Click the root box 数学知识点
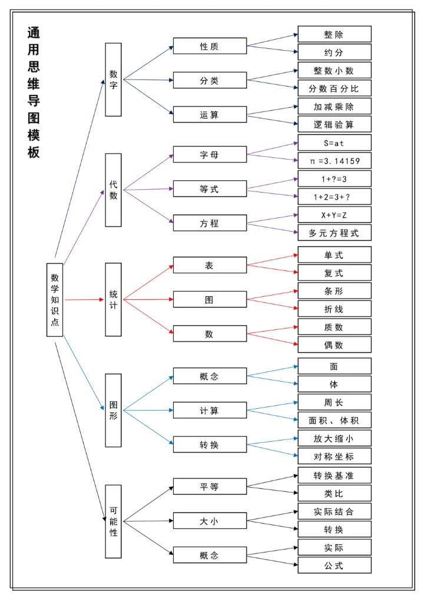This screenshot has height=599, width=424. point(55,300)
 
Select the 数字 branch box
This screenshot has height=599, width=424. point(113,80)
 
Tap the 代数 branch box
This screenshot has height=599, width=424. point(113,190)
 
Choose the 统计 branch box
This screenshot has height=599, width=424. point(113,299)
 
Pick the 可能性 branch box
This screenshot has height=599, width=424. point(113,521)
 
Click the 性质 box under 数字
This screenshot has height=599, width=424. point(210,46)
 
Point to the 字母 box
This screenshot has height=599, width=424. point(210,154)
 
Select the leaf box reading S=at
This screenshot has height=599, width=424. point(334,143)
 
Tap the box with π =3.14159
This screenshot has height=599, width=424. point(334,160)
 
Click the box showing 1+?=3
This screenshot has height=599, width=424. point(334,178)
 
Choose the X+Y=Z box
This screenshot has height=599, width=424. point(334,214)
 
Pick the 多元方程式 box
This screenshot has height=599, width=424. point(334,233)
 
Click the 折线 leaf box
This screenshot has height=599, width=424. point(334,309)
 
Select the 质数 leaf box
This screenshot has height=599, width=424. point(334,327)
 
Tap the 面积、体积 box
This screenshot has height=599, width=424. point(334,420)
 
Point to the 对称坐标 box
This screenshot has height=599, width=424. point(334,456)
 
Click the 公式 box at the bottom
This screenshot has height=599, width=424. point(334,565)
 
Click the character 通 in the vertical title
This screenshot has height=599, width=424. point(34,33)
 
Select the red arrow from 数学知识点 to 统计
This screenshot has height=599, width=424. point(84,299)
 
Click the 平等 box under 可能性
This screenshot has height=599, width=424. point(210,487)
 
